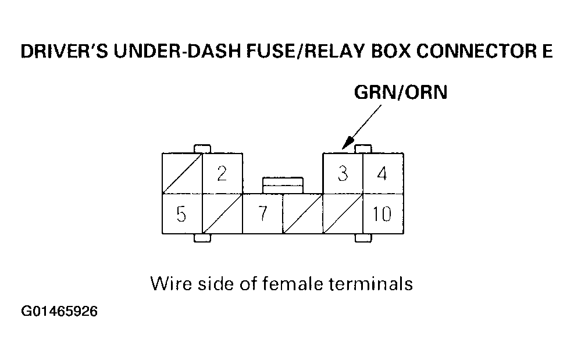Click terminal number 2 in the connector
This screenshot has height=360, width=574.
[x=222, y=173]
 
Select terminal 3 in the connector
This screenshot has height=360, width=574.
[x=343, y=173]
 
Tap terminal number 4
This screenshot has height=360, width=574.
[x=383, y=173]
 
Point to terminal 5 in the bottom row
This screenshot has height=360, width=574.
[x=181, y=214]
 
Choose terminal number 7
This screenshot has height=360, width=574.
[x=262, y=214]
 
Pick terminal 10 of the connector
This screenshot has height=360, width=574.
[x=383, y=214]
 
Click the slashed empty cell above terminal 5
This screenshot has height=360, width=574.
[x=181, y=173]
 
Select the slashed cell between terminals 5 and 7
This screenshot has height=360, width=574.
[x=222, y=214]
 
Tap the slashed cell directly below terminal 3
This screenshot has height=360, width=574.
[x=343, y=214]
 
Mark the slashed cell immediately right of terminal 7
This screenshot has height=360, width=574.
[x=302, y=214]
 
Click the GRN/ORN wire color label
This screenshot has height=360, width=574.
[x=401, y=92]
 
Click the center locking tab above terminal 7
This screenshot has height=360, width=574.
[x=282, y=185]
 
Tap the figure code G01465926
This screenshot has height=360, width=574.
[x=59, y=312]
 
